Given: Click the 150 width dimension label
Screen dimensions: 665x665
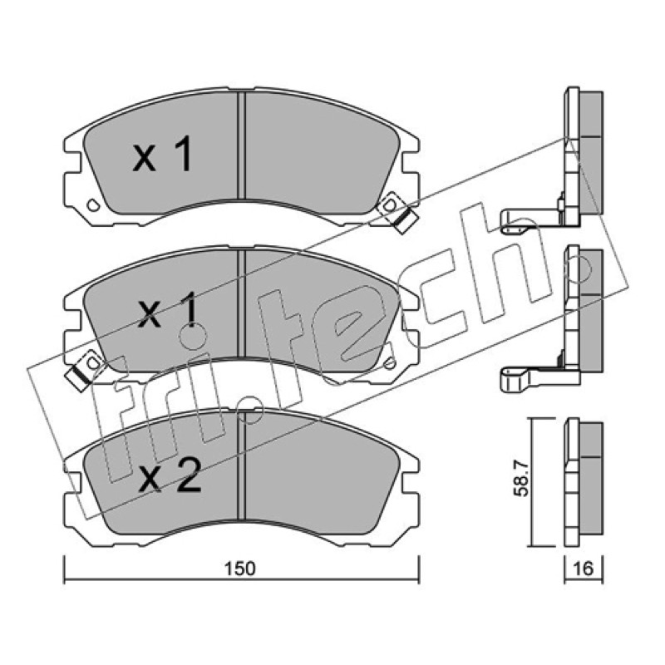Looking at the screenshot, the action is [240, 569].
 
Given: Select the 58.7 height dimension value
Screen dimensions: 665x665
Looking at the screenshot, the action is [521, 480].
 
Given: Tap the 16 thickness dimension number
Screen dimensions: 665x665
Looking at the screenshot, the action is [584, 569].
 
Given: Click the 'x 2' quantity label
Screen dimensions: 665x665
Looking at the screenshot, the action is [170, 476].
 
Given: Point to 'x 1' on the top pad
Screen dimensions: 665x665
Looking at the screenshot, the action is [162, 154].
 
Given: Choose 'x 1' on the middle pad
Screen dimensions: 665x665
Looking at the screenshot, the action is [169, 309].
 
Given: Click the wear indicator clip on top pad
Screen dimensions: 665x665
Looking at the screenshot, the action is [398, 212].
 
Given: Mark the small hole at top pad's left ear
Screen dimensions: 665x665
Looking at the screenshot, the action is [93, 205].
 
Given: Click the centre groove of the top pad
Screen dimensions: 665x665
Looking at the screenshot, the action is [241, 145].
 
